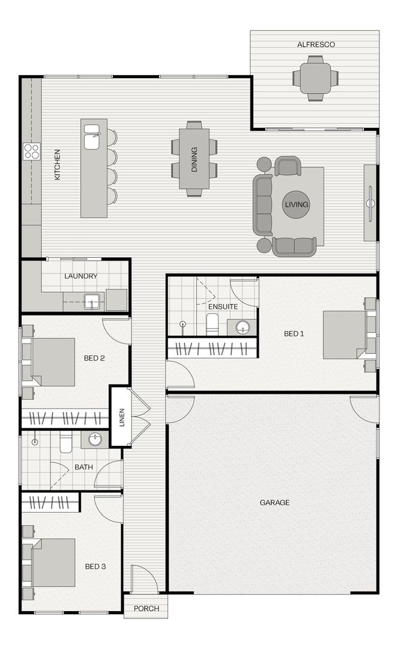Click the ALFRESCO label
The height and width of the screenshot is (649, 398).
click(x=316, y=44)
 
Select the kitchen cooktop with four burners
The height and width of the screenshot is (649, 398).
click(x=31, y=151)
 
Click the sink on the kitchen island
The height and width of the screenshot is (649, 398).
click(x=92, y=136)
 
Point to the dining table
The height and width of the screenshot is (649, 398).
click(x=194, y=159)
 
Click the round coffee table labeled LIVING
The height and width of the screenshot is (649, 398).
click(x=297, y=204)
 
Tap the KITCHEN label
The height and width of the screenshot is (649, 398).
click(x=58, y=164)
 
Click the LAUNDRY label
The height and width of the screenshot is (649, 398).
click(x=80, y=276)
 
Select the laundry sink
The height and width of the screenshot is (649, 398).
click(x=91, y=301)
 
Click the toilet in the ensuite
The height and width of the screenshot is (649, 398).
click(x=212, y=324)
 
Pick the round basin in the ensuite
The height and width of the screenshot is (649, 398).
click(x=243, y=328)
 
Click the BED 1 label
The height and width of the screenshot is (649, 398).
click(x=294, y=334)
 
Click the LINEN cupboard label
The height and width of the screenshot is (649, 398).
click(x=121, y=417)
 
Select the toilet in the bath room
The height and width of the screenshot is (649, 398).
click(x=66, y=442)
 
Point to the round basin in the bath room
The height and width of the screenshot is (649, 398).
click(x=95, y=439)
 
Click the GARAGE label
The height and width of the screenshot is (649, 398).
click(x=274, y=502)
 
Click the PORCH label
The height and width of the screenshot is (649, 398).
click(x=146, y=608)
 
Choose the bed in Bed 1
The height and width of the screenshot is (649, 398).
click(x=345, y=335)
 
